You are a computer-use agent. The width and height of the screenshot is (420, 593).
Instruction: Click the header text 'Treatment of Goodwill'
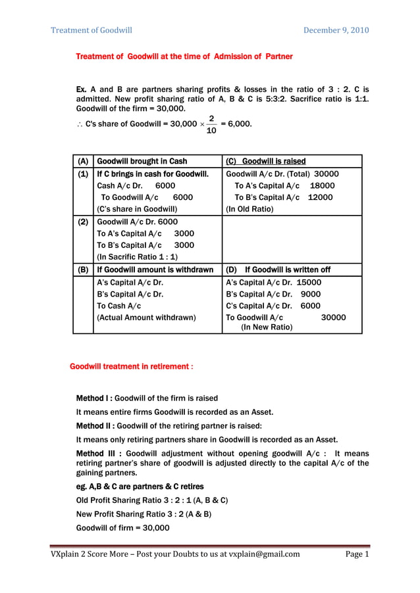coord(92,30)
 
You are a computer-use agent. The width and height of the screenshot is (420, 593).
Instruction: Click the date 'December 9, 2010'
coord(336,30)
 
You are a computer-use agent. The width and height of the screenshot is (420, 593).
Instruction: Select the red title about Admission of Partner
coord(184,57)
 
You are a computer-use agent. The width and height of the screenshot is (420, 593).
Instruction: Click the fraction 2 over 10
coord(211,124)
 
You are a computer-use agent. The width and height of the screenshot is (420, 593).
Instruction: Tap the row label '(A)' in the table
coord(83,161)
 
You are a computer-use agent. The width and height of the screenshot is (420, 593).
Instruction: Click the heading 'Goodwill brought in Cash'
coord(142,161)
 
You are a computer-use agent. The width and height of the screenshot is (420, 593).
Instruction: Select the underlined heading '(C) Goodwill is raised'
coord(265,161)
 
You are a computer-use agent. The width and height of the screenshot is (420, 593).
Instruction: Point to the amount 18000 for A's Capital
coord(322,186)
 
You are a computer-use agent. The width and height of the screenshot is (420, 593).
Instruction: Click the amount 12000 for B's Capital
coord(320,197)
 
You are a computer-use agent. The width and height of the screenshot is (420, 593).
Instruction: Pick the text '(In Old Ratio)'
coord(249,210)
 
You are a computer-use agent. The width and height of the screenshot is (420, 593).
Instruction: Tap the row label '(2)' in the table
coord(83,222)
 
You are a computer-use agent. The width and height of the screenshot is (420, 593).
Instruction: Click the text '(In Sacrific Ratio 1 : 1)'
coord(137,257)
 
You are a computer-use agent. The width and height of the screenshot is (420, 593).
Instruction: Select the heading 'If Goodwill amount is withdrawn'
coord(155,270)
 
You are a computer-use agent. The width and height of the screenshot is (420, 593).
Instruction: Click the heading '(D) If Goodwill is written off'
coord(278,270)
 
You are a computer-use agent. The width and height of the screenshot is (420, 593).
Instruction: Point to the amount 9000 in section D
coord(310,294)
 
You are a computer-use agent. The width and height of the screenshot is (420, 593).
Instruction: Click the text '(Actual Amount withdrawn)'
coord(146,318)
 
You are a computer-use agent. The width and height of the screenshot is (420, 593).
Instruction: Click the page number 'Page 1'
coord(357,554)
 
